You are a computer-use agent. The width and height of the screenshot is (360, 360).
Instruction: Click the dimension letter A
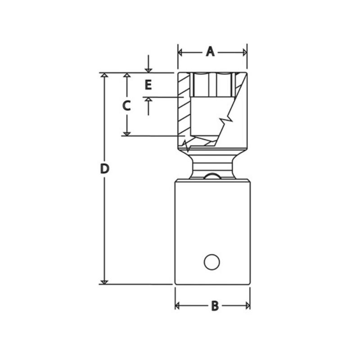[210, 52]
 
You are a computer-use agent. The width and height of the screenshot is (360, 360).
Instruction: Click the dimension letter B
[215, 306]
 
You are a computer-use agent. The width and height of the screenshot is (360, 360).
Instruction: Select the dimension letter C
[126, 106]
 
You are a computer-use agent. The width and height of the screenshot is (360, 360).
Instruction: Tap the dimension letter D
[104, 169]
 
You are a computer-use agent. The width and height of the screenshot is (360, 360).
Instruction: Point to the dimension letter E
[148, 85]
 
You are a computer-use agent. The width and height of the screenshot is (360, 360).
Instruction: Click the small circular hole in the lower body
[211, 262]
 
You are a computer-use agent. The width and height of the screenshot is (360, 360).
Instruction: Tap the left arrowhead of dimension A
[180, 53]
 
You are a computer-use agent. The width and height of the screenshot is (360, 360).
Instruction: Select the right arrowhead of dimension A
[245, 53]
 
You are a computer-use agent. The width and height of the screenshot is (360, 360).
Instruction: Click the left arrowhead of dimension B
[177, 306]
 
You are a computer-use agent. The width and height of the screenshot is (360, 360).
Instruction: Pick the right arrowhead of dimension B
[248, 306]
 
